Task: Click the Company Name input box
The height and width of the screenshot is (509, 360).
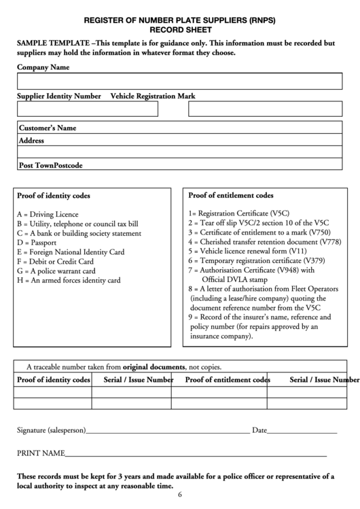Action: click(x=179, y=82)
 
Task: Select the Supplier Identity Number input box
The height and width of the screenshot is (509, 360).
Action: click(x=88, y=109)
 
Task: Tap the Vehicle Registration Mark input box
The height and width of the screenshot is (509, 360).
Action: click(x=265, y=109)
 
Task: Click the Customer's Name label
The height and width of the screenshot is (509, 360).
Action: click(x=48, y=128)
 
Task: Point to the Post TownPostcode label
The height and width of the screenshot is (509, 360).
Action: click(x=51, y=165)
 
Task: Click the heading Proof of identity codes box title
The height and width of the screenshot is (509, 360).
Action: click(x=54, y=196)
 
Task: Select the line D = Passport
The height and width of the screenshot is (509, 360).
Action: click(x=37, y=242)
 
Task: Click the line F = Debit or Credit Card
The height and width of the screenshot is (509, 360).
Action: click(x=56, y=261)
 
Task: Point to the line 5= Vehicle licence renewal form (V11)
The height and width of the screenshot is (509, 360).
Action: click(x=243, y=251)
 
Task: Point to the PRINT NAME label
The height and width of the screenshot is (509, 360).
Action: click(x=41, y=453)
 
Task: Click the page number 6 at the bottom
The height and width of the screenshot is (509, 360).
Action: click(x=180, y=495)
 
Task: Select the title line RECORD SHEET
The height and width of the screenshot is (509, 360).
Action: click(x=180, y=31)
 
